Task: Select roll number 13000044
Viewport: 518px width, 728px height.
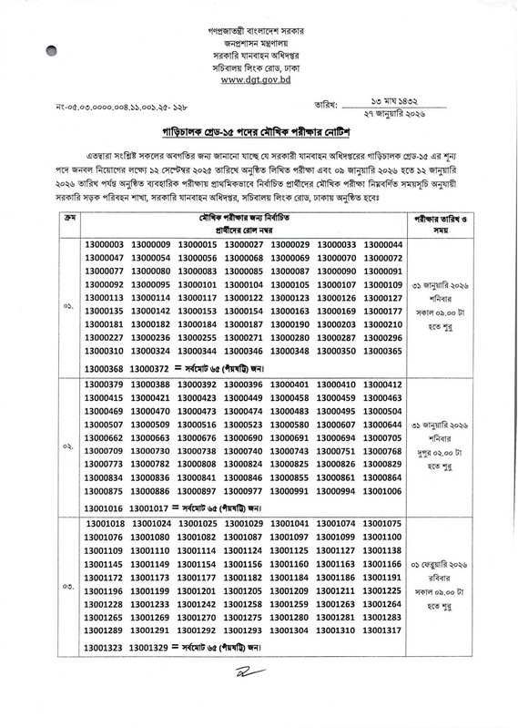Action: point(381,245)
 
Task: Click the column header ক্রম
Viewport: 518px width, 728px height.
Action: point(70,220)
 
